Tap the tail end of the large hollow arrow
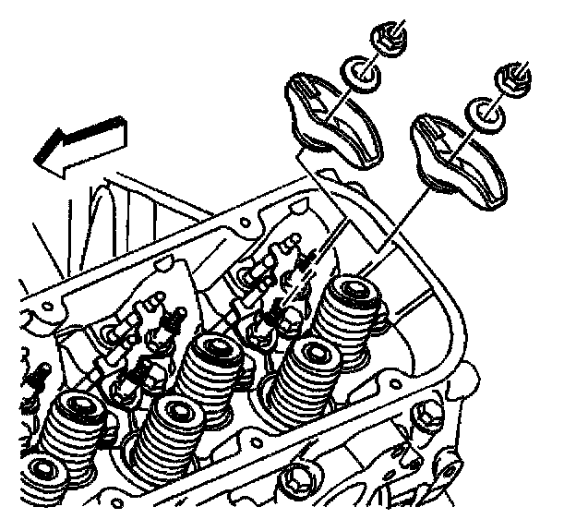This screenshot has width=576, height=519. tap(124, 129)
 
